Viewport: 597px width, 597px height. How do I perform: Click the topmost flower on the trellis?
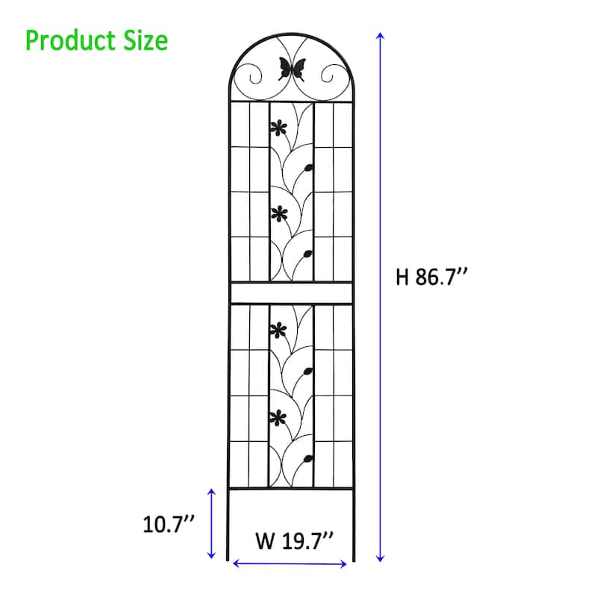pos(278,127)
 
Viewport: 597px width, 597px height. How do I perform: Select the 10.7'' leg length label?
pos(169,525)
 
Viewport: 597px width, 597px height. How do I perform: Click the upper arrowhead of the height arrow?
pos(381,36)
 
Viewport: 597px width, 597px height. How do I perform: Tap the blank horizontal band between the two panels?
pos(290,293)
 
